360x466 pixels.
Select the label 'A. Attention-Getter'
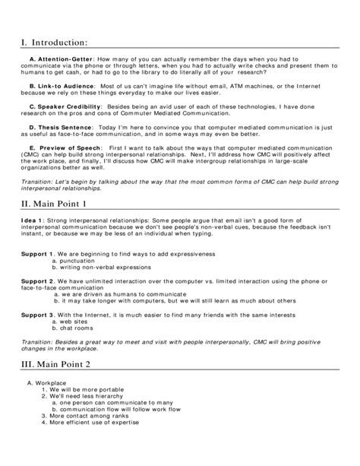[x=61, y=59]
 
